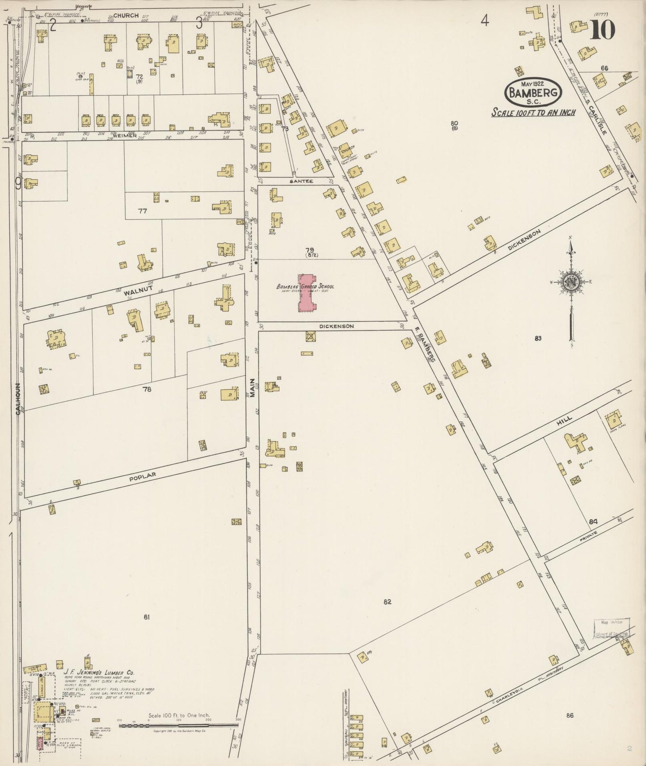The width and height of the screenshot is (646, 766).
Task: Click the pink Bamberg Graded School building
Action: pyautogui.click(x=307, y=293)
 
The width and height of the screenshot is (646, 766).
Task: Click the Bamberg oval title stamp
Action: pyautogui.click(x=533, y=93)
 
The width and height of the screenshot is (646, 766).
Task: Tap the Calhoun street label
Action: pyautogui.click(x=18, y=399)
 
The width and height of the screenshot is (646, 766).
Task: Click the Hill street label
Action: pyautogui.click(x=565, y=421)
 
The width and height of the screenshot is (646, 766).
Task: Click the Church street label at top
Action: pyautogui.click(x=126, y=15)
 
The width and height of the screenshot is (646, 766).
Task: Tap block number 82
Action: pyautogui.click(x=387, y=602)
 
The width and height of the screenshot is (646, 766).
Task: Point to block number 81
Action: pyautogui.click(x=146, y=617)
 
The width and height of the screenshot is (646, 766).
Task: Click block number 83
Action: pyautogui.click(x=538, y=338)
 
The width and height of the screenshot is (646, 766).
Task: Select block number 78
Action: pyautogui.click(x=147, y=389)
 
